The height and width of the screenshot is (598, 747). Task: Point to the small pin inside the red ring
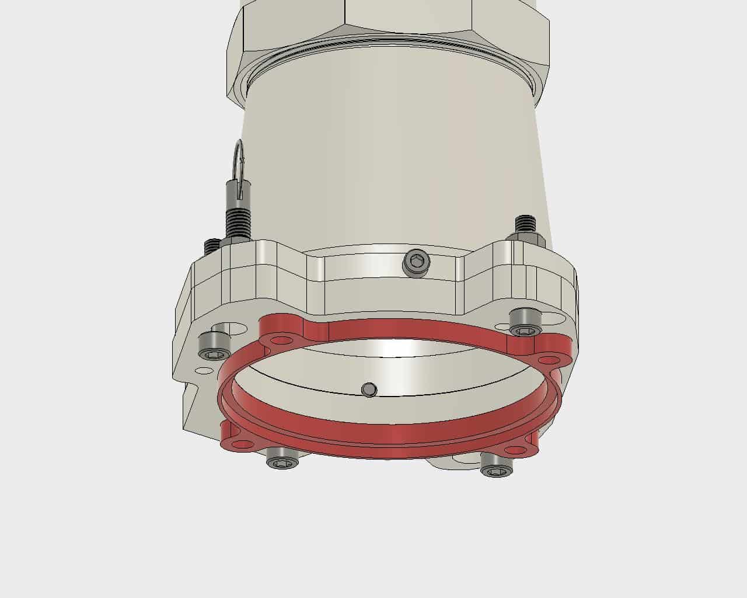click(369, 390)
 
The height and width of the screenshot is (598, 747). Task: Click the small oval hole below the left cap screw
click(204, 370)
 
